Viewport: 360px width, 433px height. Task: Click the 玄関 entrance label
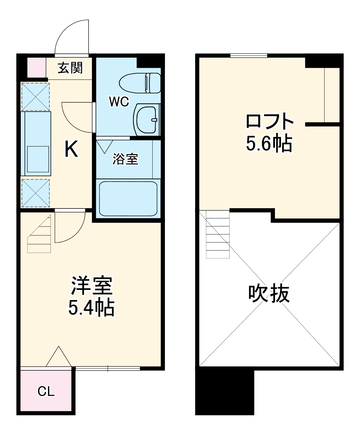(x=70, y=68)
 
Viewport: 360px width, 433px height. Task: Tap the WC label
(x=119, y=102)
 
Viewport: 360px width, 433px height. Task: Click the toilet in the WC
(x=140, y=83)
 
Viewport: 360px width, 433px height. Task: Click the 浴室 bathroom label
(x=125, y=159)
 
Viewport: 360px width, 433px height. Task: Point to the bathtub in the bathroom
(x=128, y=199)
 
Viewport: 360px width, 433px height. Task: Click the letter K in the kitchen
(x=71, y=150)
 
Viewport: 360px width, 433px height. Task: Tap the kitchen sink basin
(x=38, y=159)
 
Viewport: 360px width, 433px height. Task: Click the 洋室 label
(x=91, y=286)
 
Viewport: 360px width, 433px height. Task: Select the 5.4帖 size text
(x=91, y=308)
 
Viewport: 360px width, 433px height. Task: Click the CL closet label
(x=46, y=391)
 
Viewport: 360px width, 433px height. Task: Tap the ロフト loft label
(x=269, y=122)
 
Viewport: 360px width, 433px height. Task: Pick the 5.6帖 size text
(x=269, y=144)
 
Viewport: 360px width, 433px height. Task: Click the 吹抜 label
(x=269, y=294)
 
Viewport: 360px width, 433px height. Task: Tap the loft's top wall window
(x=249, y=55)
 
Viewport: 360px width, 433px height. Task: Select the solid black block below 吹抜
(x=224, y=391)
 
